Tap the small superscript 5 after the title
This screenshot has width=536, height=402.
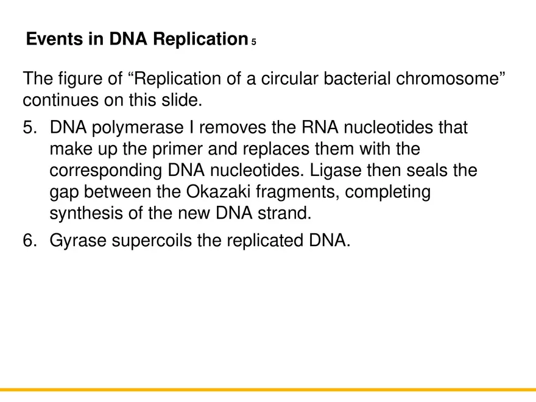(253, 42)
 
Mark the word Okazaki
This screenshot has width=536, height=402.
(220, 192)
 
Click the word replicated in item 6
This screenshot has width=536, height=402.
(262, 241)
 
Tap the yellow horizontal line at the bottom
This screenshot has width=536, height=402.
(268, 390)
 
